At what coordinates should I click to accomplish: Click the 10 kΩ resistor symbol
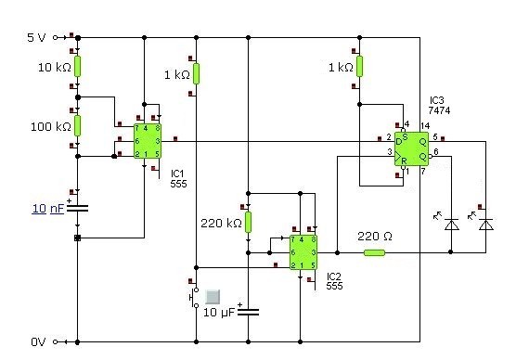[78, 67]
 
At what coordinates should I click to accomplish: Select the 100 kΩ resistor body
[78, 125]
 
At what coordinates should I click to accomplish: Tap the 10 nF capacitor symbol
[78, 208]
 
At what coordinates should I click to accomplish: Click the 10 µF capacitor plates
[249, 312]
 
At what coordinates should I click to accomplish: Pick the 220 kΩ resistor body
[249, 223]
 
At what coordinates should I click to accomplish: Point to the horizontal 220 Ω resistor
[375, 252]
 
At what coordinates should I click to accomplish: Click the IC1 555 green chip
[148, 141]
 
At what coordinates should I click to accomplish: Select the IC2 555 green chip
[303, 252]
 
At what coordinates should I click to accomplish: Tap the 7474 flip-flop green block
[411, 148]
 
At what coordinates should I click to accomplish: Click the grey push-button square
[213, 297]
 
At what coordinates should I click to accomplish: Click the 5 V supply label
[36, 37]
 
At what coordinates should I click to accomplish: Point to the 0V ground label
[38, 341]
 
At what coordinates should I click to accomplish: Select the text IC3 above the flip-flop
[437, 100]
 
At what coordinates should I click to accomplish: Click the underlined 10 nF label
[48, 209]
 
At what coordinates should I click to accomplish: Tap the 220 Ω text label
[375, 237]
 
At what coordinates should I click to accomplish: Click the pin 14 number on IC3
[425, 126]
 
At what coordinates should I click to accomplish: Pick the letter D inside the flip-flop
[399, 141]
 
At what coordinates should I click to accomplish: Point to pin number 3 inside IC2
[314, 252]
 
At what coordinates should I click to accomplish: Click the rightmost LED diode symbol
[485, 225]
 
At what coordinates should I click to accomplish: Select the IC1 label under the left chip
[176, 174]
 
